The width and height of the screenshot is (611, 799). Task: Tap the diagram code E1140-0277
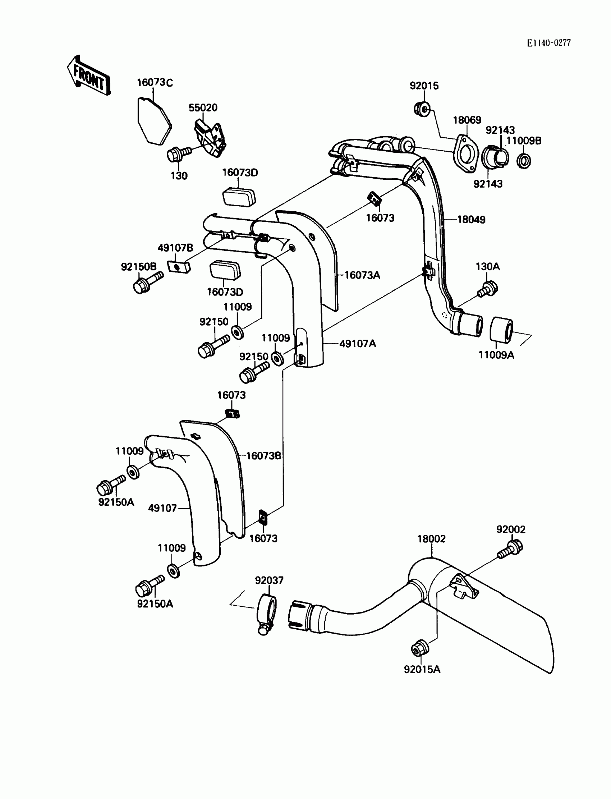[x=549, y=43]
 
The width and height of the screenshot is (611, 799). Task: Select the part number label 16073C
[x=155, y=83]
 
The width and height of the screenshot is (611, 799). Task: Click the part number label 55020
[x=203, y=108]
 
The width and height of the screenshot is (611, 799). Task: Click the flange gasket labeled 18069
[x=465, y=154]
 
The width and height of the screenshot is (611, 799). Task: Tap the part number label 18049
[x=471, y=220]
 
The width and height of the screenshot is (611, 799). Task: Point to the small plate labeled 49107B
[x=179, y=267]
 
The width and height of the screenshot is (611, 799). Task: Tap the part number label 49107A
[x=358, y=344]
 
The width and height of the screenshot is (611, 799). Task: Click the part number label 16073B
[x=264, y=456]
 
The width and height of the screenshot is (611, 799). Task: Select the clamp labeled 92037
[x=267, y=614]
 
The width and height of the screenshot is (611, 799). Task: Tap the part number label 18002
[x=431, y=539]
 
